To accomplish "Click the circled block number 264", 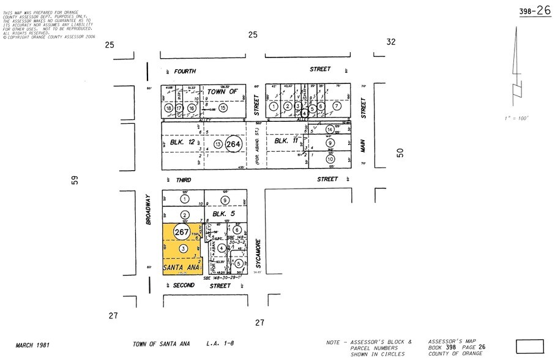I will pyautogui.click(x=233, y=144).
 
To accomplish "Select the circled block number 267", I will pyautogui.click(x=181, y=233).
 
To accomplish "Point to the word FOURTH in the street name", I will pyautogui.click(x=185, y=72).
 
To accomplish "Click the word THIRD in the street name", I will pyautogui.click(x=184, y=180).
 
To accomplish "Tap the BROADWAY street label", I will pyautogui.click(x=148, y=210).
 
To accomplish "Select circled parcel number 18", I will pyautogui.click(x=169, y=108).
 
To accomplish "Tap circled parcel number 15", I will pyautogui.click(x=223, y=108).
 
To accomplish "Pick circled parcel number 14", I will pyautogui.click(x=329, y=129).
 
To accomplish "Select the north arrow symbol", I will pyautogui.click(x=518, y=67).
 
